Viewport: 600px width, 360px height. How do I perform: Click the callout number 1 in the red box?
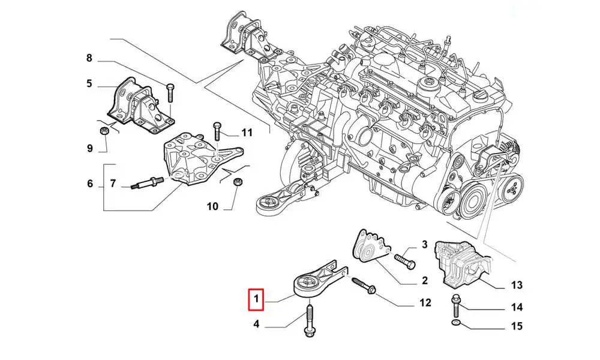click(x=256, y=298)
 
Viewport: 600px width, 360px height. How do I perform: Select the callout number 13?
click(x=517, y=284)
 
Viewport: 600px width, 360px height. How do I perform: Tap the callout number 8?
click(x=89, y=59)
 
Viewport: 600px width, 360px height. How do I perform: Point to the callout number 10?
click(x=212, y=207)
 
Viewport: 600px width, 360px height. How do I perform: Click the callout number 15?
click(x=517, y=326)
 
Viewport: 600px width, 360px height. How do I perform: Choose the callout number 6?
click(x=90, y=184)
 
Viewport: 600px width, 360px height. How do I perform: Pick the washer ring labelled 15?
click(x=457, y=325)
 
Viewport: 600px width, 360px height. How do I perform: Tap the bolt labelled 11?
click(x=217, y=131)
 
